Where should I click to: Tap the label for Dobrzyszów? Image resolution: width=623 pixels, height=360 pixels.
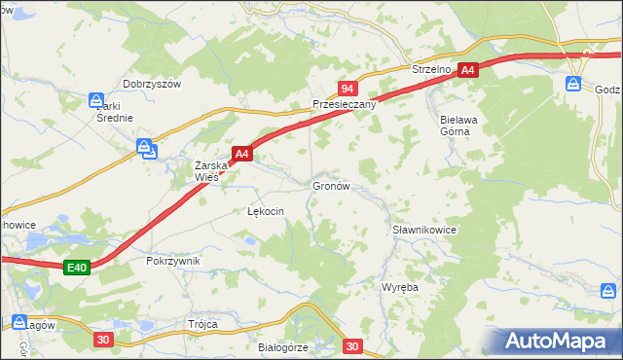[152, 85]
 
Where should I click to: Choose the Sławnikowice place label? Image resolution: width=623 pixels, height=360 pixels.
[424, 230]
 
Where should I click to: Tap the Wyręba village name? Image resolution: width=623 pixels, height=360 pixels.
[399, 288]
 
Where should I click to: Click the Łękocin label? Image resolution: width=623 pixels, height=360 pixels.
[266, 211]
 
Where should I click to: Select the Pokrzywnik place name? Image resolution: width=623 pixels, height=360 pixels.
[172, 261]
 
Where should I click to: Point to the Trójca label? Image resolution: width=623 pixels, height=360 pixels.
[202, 324]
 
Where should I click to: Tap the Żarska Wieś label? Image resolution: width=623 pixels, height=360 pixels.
[211, 171]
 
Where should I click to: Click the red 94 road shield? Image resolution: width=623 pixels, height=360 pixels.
[348, 89]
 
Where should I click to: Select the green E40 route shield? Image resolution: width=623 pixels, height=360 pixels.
[78, 268]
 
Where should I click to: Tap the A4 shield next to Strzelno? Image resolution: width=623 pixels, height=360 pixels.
[469, 70]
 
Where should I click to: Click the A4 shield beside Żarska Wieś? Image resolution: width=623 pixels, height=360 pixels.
[242, 154]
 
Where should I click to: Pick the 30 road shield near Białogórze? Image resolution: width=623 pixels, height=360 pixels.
[352, 346]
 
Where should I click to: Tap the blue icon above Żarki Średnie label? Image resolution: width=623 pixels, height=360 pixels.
[96, 100]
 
